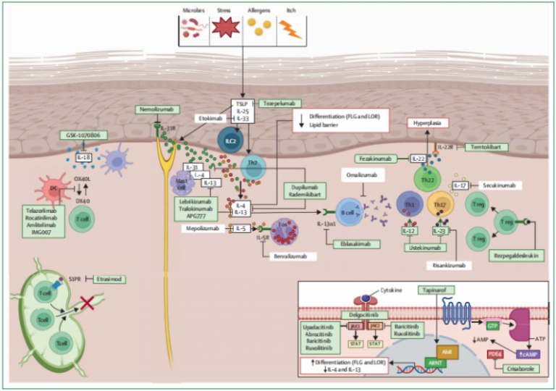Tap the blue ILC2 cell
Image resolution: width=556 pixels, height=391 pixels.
click(229, 139)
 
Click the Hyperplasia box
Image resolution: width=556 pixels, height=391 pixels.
click(427, 124)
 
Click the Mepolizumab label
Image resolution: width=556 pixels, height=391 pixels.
click(209, 229)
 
